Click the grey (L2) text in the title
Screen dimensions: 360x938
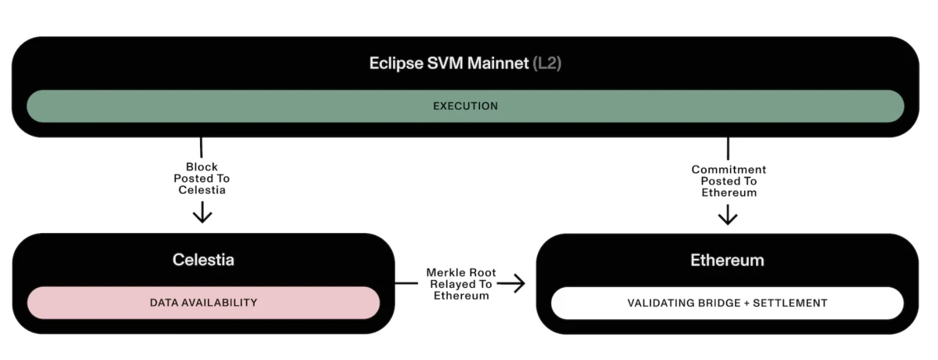547,64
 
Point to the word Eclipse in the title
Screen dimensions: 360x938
395,64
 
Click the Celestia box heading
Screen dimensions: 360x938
203,260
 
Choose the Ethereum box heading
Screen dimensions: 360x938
727,260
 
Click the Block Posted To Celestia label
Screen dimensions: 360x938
202,179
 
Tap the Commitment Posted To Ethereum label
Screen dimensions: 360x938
729,181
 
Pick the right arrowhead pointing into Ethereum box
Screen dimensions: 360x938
518,284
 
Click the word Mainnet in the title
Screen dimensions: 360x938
495,64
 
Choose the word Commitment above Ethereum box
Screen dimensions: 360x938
729,169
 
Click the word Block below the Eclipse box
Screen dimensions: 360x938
202,167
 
